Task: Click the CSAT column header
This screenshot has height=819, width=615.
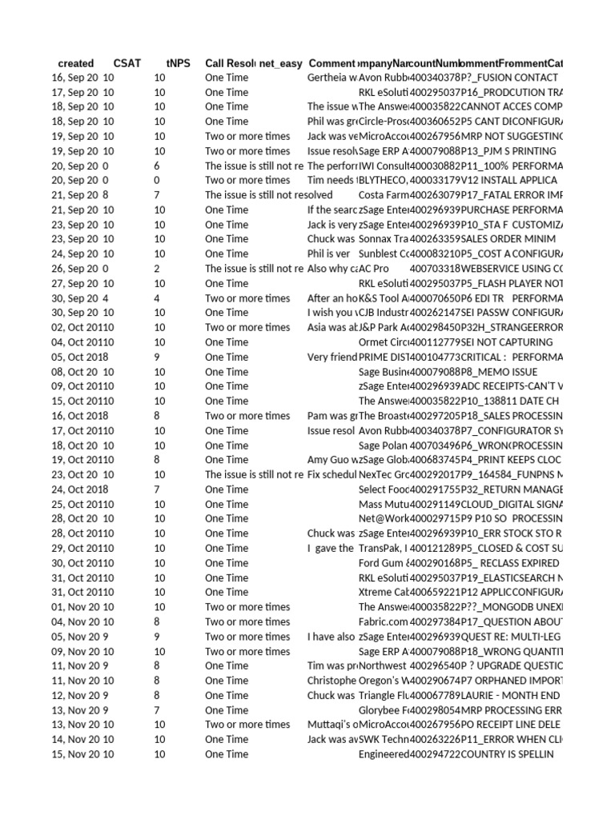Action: [127, 63]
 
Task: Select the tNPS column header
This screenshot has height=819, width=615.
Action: [178, 63]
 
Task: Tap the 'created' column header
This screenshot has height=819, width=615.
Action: [76, 63]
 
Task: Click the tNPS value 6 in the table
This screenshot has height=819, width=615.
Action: [158, 166]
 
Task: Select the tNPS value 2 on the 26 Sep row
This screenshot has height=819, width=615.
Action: [158, 269]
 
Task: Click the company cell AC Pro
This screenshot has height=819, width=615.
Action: [374, 269]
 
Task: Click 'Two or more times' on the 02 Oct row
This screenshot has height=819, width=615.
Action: [247, 327]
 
